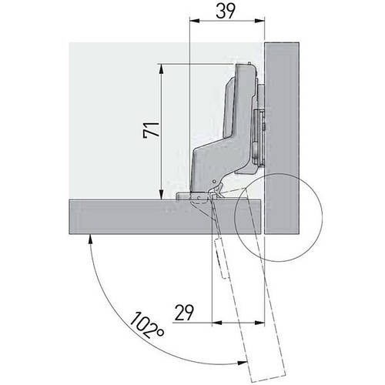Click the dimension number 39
226,12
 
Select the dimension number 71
152,131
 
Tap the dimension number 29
184,313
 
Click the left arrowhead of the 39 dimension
194,22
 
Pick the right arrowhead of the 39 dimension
259,22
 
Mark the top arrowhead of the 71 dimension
161,69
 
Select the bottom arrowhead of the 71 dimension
161,194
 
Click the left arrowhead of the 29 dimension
217,323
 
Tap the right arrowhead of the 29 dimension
259,323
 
